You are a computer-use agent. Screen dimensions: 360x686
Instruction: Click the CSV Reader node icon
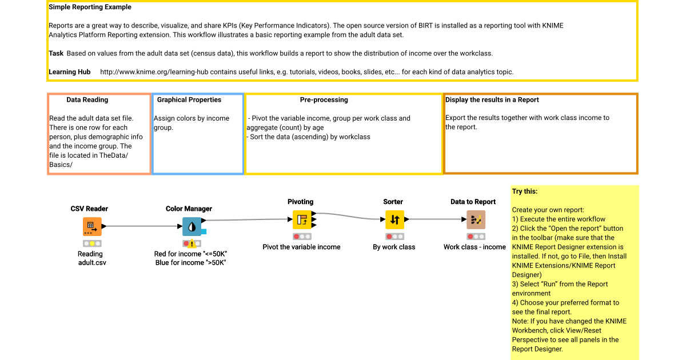[x=91, y=226]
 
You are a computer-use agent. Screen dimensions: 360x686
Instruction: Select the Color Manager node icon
[x=192, y=226]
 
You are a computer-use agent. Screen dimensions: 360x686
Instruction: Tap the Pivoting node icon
[x=301, y=219]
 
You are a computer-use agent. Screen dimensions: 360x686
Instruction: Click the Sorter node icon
[x=394, y=219]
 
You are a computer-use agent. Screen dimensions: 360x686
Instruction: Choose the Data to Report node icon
[x=476, y=219]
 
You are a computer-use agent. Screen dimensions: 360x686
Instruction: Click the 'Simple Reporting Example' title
[x=90, y=7]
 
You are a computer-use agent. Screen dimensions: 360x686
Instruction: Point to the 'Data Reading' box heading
[x=87, y=99]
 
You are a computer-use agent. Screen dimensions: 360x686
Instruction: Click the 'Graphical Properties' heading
[x=189, y=99]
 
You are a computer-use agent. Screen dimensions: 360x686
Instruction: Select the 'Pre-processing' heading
[x=324, y=99]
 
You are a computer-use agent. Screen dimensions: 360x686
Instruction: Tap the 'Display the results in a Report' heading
[x=492, y=99]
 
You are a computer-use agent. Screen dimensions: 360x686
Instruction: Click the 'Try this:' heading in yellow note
[x=525, y=191]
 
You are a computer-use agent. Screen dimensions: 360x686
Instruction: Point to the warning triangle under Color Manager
[x=192, y=243]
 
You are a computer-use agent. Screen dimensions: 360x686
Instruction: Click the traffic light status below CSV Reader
[x=91, y=243]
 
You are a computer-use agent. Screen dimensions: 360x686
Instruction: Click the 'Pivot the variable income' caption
[x=301, y=247]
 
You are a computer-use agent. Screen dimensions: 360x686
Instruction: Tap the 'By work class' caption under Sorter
[x=394, y=247]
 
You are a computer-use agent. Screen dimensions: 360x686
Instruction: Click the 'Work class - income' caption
[x=474, y=247]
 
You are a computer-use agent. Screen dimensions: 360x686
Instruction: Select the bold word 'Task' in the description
[x=55, y=53]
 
